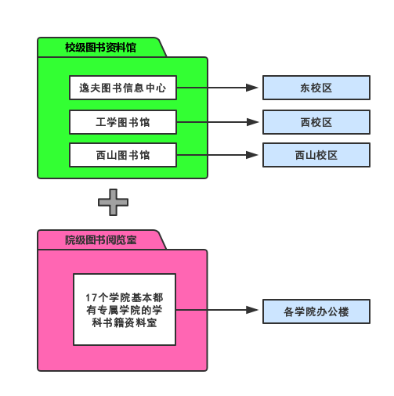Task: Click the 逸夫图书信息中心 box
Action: (123, 88)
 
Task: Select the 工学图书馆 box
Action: (123, 122)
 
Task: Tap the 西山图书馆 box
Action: (123, 155)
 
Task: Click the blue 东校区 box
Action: (316, 88)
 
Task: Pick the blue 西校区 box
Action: (316, 122)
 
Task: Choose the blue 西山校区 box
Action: (316, 155)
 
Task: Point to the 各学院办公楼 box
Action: (316, 311)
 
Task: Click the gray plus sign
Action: (113, 202)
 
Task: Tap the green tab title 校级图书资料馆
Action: (100, 48)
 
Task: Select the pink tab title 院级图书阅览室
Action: (101, 240)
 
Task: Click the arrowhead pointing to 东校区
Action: (252, 88)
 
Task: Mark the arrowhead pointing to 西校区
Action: (252, 122)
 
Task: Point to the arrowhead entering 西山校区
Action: (252, 155)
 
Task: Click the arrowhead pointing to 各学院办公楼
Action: (252, 310)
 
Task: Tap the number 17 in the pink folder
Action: (92, 297)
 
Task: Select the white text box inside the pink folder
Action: (125, 309)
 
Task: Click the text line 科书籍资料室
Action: (125, 322)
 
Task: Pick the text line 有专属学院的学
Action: (125, 310)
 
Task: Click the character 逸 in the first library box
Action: (84, 88)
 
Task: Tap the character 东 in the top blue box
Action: (305, 88)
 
